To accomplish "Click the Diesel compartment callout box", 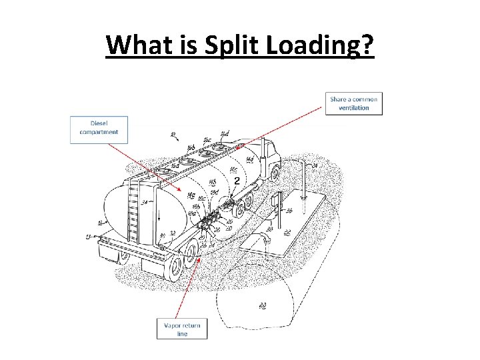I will click(99, 128).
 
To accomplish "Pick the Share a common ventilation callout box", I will click(354, 103).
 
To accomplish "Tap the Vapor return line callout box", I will click(182, 329).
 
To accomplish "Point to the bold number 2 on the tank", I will click(237, 180).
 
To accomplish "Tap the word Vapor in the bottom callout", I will click(173, 325).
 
